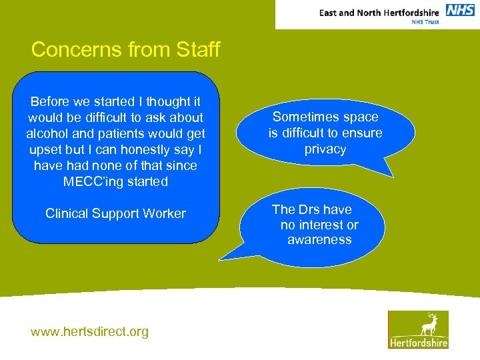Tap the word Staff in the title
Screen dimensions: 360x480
[x=196, y=50]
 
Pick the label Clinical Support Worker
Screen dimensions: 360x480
[x=115, y=213]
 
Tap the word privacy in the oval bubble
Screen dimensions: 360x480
[x=325, y=149]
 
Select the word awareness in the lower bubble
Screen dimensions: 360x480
[x=319, y=240]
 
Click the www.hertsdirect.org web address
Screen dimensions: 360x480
[x=90, y=331]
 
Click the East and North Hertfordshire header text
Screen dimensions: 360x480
[x=379, y=12]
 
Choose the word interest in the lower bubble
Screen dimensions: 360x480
[x=322, y=225]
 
